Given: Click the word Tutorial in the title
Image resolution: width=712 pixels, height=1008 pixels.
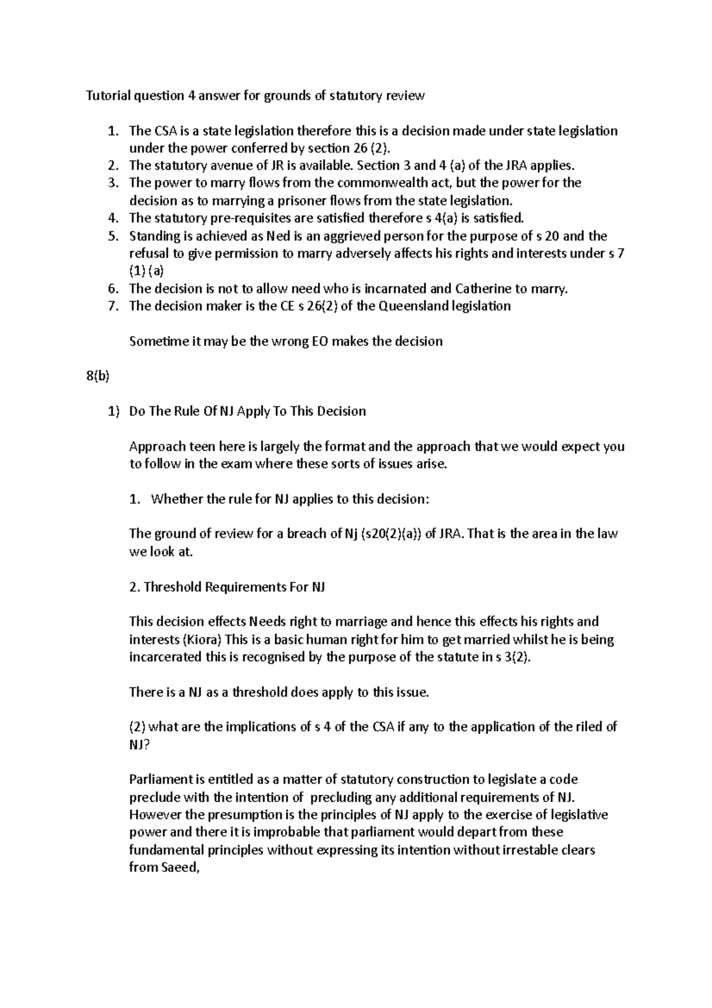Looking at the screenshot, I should point(107,96).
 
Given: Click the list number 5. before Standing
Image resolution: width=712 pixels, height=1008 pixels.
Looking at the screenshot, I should point(113,236).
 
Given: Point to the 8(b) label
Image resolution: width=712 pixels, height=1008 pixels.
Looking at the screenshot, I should point(98,376).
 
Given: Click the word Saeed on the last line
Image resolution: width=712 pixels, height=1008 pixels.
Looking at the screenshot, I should point(176,867).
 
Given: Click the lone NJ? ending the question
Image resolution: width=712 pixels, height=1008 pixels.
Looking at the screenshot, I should point(139,744).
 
